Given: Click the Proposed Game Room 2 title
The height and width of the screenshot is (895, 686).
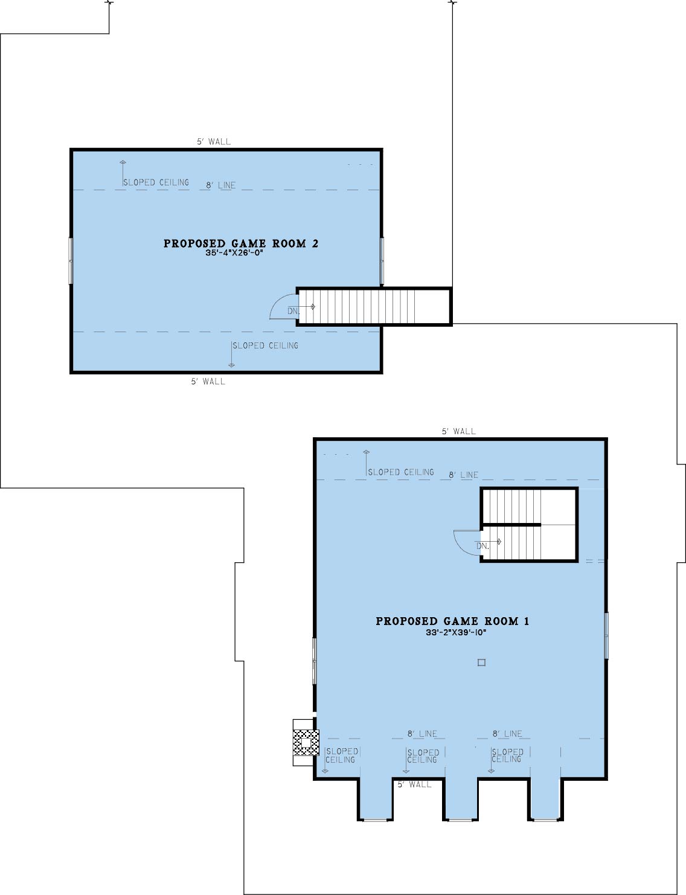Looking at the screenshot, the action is pos(241,243).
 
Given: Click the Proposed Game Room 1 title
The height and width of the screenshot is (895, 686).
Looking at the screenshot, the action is pos(452,621).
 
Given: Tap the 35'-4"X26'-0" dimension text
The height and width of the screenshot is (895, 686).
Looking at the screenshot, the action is pos(234,253).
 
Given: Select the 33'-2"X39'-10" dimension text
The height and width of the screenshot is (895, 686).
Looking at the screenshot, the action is pos(457,632).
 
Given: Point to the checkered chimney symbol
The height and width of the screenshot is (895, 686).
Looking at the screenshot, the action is pos(306,742).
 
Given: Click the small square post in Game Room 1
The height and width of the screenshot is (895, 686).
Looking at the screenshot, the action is pos(481,662).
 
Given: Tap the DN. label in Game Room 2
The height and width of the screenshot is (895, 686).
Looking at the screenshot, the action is pos(293,311).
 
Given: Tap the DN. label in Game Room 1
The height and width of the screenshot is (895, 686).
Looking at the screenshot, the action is pos(482,546).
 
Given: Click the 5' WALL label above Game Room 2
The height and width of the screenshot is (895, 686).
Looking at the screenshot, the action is pos(214,142).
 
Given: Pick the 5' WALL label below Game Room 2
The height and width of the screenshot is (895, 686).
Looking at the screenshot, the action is pos(208,382).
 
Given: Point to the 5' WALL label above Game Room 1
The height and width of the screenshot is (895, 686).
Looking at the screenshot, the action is pos(459,431).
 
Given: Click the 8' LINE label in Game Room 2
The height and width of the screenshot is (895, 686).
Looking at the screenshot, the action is pos(220,185).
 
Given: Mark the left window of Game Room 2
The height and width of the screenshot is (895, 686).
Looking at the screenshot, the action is pos(71,261).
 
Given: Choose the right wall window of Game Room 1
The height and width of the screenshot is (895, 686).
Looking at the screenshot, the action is pos(606,635).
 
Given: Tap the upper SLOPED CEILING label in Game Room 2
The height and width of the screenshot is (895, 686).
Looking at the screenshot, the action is pos(156,182).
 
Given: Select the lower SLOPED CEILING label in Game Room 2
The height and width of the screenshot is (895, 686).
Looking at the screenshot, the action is pos(265,345).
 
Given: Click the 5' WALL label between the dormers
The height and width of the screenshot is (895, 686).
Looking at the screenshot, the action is pos(414,784).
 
